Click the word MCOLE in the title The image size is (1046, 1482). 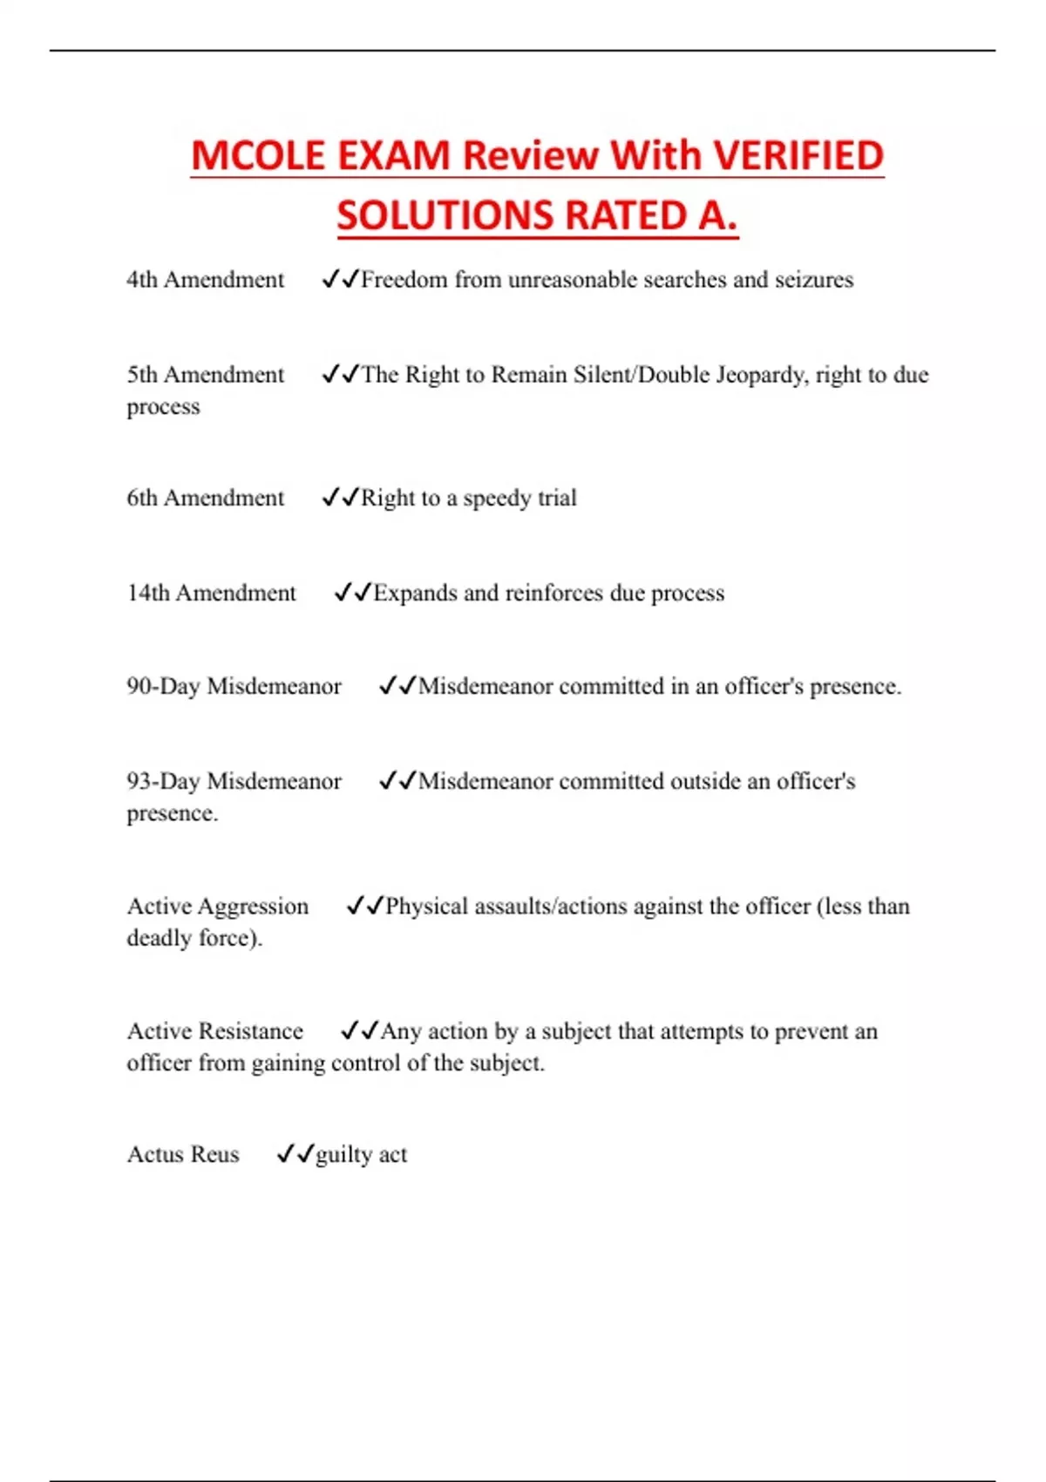pos(258,156)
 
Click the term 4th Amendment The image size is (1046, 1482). pos(205,280)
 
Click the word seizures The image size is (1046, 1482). pos(812,280)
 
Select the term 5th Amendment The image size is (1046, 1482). pos(205,375)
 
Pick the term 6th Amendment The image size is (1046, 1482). pos(205,498)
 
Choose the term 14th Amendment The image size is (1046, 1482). pos(211,593)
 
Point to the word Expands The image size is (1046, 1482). pos(415,593)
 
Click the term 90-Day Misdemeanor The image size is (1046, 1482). pos(234,687)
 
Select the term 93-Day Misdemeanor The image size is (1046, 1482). pos(234,781)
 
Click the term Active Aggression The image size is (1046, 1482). pos(217,907)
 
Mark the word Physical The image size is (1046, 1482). pos(427,907)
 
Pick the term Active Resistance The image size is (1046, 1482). pos(214,1031)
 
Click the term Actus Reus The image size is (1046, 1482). pos(182,1154)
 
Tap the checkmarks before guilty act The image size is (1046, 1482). pos(295,1154)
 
